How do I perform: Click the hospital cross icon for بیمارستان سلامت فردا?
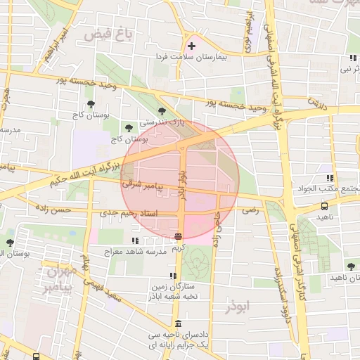pos(191,46)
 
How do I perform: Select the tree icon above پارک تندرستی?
pos(162,111)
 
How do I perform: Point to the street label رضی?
pos(251,210)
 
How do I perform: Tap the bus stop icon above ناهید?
pos(324,207)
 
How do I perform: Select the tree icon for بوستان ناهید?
pos(351,266)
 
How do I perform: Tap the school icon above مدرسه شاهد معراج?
pos(135,240)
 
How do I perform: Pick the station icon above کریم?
pos(179,236)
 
